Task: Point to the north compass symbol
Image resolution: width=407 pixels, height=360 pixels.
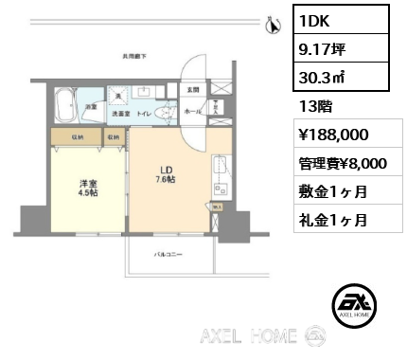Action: [x=273, y=27]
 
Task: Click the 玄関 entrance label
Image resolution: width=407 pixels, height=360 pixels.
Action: [x=192, y=90]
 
